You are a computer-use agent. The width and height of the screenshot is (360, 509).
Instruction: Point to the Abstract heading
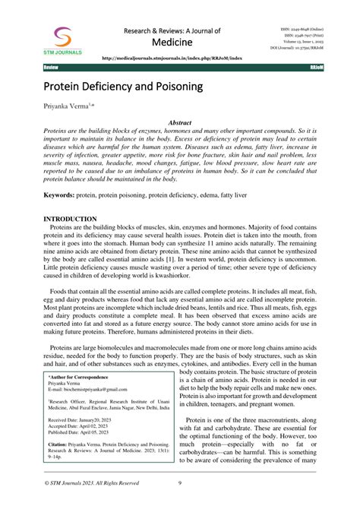(x=179, y=122)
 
